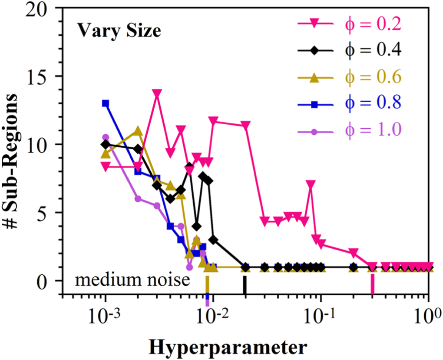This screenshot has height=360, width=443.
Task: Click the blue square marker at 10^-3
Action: pyautogui.click(x=106, y=103)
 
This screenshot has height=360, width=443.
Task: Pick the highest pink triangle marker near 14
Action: pyautogui.click(x=157, y=93)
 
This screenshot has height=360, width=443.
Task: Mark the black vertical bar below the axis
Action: pyautogui.click(x=245, y=285)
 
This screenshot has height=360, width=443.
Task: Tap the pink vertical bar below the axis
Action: pyautogui.click(x=372, y=285)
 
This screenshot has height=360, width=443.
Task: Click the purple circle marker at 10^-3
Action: pyautogui.click(x=106, y=137)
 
